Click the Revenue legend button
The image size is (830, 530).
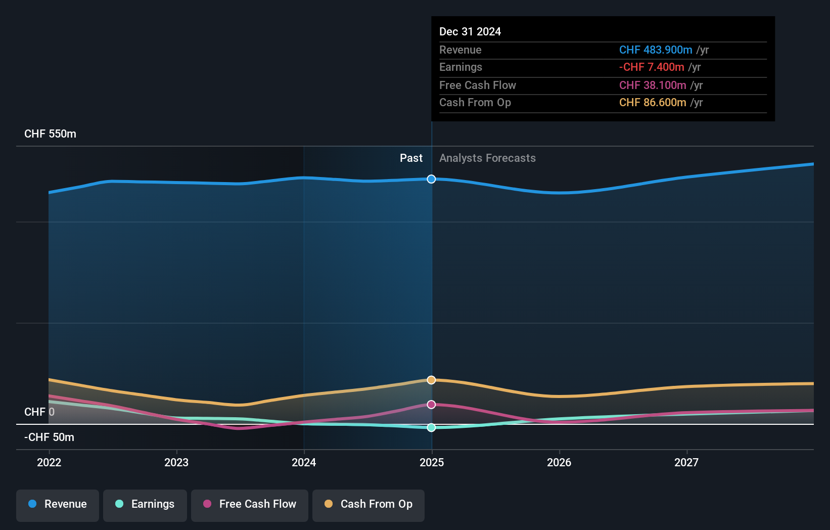coord(58,504)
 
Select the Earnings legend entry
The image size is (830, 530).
coord(145,504)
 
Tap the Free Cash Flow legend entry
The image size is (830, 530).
coord(250,504)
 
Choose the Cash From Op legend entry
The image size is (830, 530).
coord(368,504)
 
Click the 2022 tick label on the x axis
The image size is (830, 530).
coord(49,462)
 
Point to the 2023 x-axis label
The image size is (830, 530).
coord(176,462)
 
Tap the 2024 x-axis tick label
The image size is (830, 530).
coord(304,462)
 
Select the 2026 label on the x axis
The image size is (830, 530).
coord(559,462)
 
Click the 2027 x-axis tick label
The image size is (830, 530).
coord(686,462)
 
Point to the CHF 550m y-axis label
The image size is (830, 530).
coord(50,134)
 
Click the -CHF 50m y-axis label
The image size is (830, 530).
coord(49,437)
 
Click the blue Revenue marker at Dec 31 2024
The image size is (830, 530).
coord(431,179)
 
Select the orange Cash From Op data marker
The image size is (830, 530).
coord(431,380)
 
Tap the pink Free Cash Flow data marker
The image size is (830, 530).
coord(431,405)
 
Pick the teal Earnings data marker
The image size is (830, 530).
coord(431,427)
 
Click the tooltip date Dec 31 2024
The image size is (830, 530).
coord(470,31)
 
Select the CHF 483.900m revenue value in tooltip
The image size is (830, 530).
coord(656,50)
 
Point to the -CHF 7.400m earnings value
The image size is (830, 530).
coord(652,67)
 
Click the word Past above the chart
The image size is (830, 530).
coord(411,158)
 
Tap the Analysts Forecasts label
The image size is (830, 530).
coord(487,158)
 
